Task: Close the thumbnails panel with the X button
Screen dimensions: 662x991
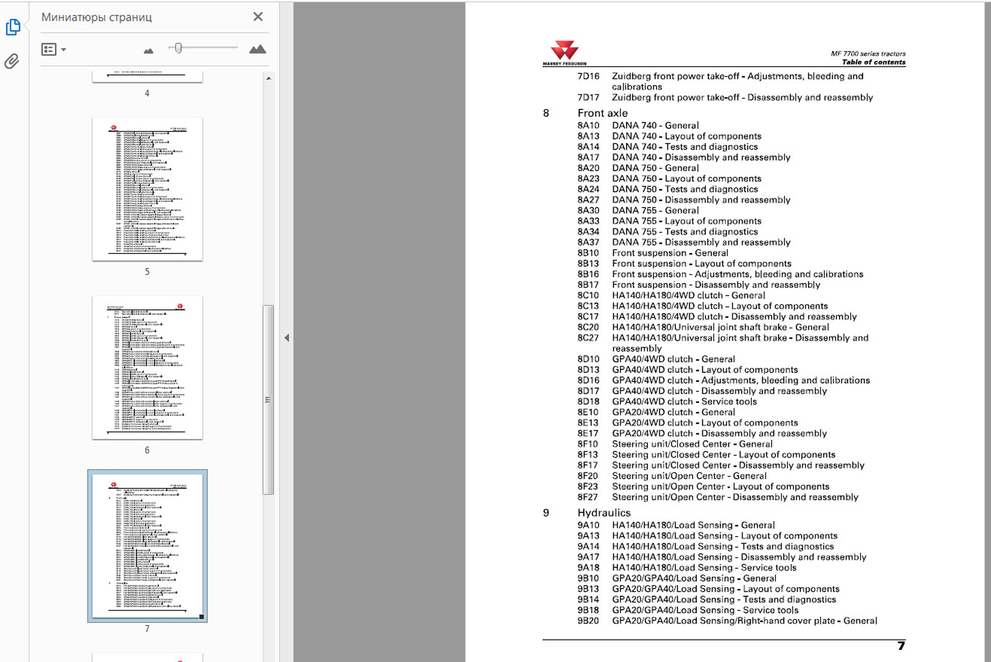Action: coord(258,17)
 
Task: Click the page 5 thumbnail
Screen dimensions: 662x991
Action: coord(147,189)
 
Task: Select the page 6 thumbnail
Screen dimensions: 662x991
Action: coord(147,367)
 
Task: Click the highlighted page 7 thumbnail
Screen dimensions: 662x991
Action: coord(147,545)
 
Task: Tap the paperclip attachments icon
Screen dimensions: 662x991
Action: coord(12,61)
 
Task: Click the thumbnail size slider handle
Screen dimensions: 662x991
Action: coord(178,48)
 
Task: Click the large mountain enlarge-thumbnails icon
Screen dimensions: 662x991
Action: coord(257,49)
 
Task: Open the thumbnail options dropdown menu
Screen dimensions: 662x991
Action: coord(54,49)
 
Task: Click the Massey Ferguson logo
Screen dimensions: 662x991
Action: coord(565,53)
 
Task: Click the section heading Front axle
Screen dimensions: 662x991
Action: coord(603,113)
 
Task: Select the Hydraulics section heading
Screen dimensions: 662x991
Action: coord(604,513)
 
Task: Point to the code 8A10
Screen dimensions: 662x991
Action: coord(588,125)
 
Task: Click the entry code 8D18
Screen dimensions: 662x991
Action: coord(588,402)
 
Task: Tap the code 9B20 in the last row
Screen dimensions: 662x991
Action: coord(588,621)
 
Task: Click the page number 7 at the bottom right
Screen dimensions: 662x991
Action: coord(901,646)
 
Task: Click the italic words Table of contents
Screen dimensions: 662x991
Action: coord(873,62)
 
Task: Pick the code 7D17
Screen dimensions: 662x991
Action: coord(588,98)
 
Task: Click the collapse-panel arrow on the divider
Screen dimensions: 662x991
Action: coord(287,338)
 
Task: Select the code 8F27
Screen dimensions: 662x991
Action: coord(587,497)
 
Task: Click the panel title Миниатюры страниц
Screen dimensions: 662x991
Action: coord(96,18)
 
